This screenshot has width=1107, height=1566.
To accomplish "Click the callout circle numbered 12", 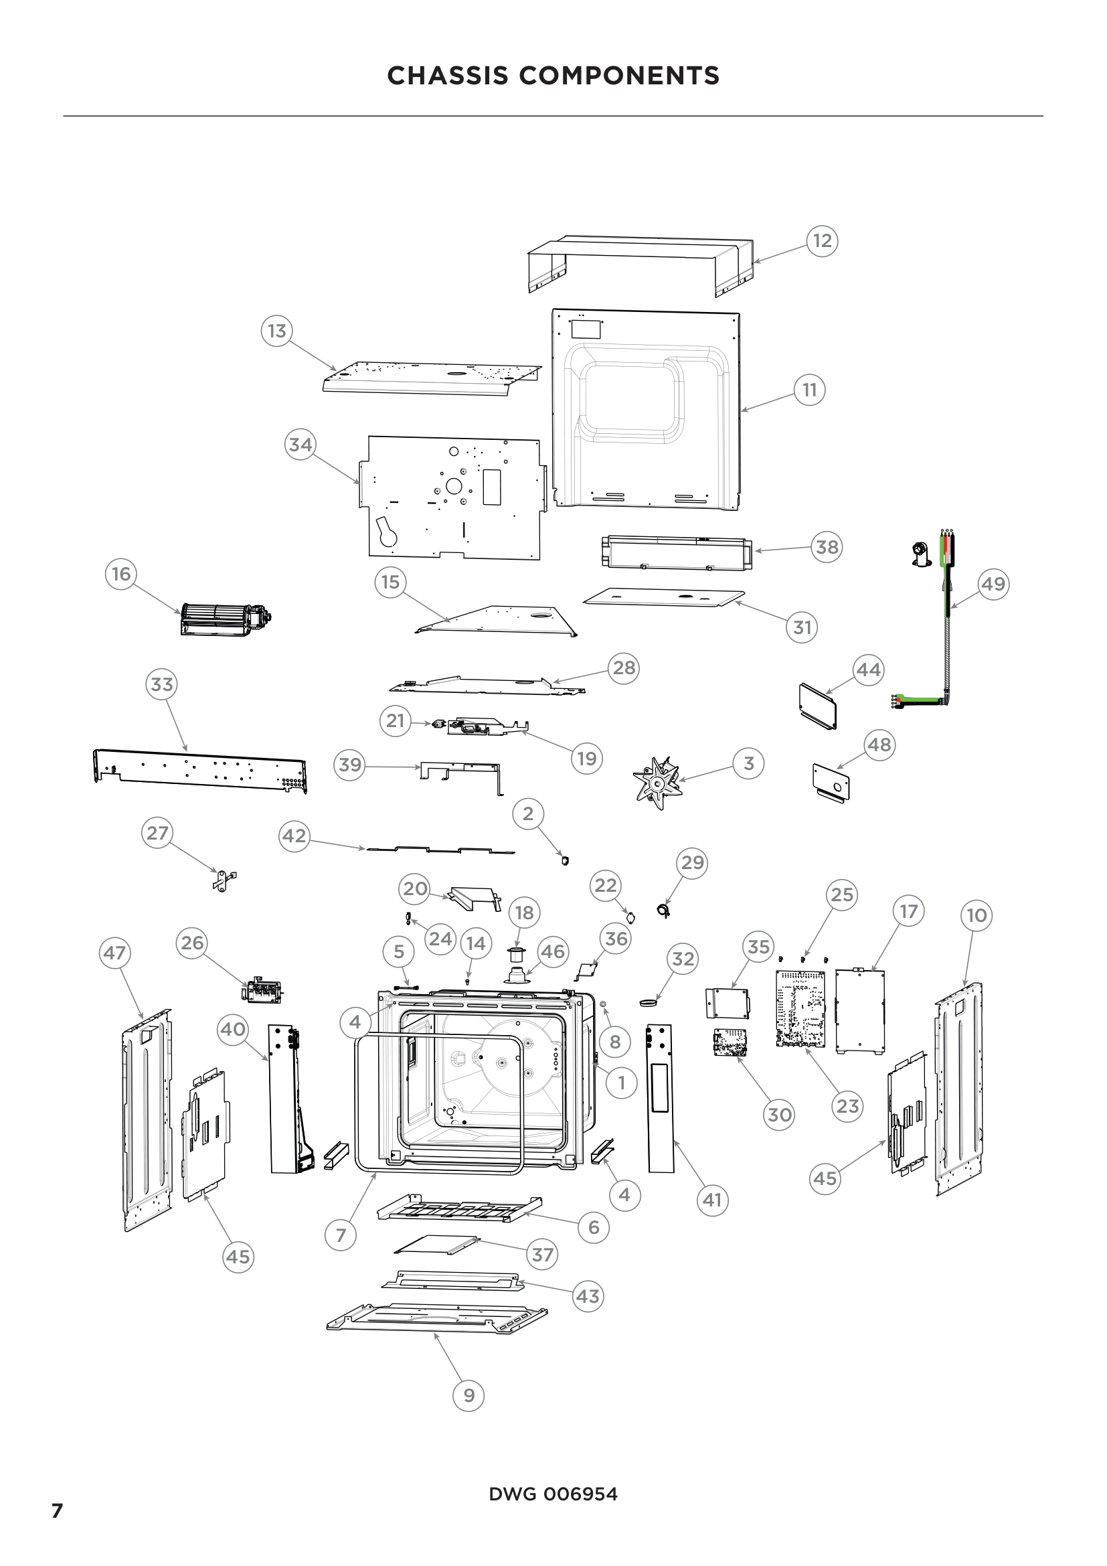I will coord(822,241).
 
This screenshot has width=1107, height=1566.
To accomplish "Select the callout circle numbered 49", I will coord(993,584).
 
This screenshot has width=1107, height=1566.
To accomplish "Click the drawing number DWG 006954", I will coord(553,1494).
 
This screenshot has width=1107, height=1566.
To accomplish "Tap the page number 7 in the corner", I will coord(58,1510).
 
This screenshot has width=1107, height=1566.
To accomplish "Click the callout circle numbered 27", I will coord(157,834).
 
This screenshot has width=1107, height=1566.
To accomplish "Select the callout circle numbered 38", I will coord(827,546).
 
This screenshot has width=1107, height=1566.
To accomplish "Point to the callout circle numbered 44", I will coord(868,669).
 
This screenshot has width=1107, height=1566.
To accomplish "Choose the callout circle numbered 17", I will coord(909,911).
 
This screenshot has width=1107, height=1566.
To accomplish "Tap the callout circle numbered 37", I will coord(543,1254).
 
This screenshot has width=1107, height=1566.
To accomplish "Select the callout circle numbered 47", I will coord(114,952).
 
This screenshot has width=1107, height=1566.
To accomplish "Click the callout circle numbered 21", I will coord(396,721).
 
